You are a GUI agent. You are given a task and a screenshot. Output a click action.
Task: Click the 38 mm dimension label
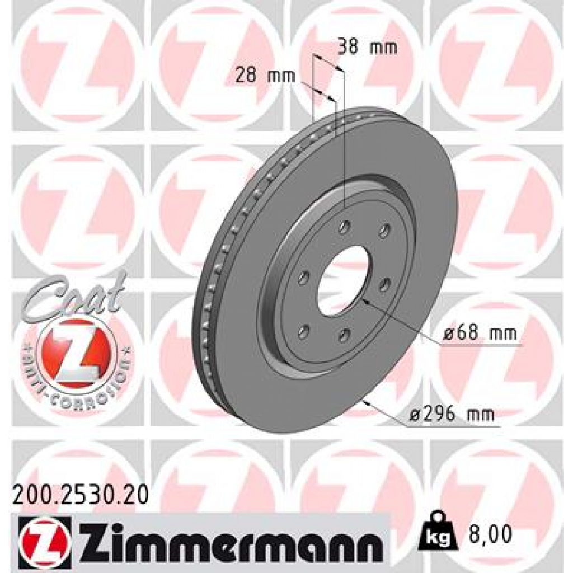click(x=367, y=48)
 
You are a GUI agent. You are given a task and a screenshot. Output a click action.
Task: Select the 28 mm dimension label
click(x=265, y=75)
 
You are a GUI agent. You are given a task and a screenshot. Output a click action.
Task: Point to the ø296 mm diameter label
click(x=452, y=415)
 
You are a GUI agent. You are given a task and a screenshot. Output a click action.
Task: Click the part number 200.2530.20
click(x=80, y=496)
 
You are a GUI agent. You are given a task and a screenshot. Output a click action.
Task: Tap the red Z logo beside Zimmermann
click(x=44, y=538)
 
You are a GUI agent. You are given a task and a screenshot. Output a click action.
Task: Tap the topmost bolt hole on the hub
click(x=344, y=227)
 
